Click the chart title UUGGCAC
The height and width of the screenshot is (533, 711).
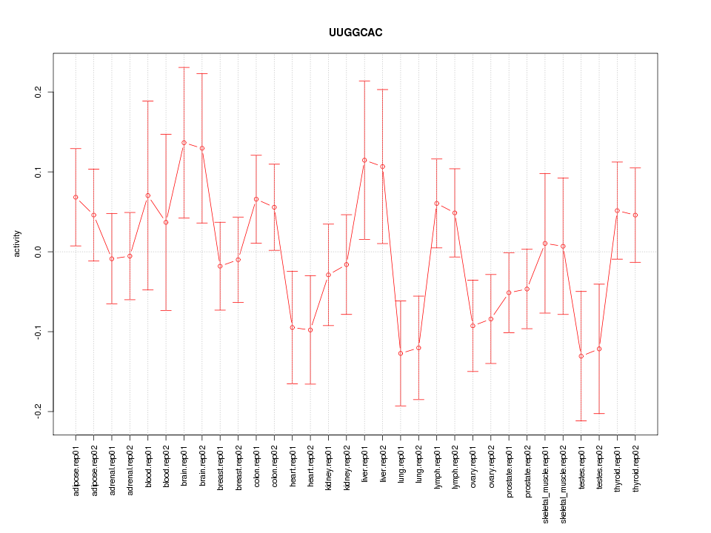355,33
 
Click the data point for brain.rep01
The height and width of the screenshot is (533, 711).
184,143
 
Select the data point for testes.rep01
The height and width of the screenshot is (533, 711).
581,356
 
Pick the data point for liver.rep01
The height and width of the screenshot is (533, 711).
364,160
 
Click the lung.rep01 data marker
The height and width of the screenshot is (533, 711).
401,353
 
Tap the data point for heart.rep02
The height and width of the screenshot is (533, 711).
310,329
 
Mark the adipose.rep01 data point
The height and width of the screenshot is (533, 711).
76,197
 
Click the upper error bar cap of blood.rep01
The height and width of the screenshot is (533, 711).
148,101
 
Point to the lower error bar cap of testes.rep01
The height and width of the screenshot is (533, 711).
581,420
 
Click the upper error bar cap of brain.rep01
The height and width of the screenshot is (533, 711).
184,67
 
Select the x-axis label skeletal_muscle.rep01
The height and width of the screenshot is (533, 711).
545,481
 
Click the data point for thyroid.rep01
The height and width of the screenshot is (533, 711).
617,211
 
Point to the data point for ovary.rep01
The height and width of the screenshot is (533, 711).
473,326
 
